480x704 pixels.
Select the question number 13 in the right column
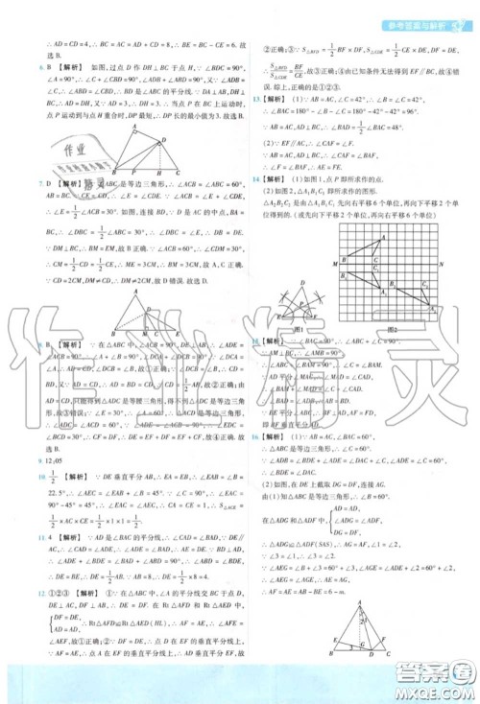click(x=252, y=99)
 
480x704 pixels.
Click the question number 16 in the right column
click(x=252, y=409)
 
